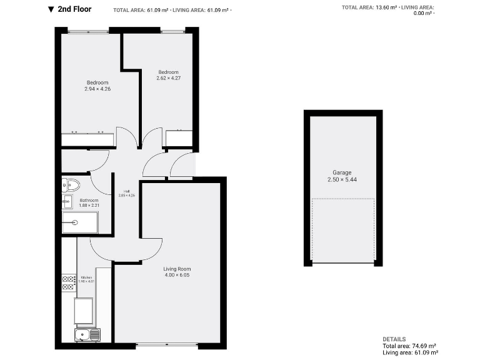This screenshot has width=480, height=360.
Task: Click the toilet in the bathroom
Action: point(71,184)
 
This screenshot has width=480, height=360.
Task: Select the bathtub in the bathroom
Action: point(80,222)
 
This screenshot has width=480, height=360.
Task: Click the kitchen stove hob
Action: point(69,282)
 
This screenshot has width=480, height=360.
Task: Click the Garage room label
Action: point(342,172)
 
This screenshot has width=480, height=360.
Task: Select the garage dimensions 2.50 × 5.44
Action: point(342,180)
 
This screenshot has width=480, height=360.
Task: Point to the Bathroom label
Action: point(89,201)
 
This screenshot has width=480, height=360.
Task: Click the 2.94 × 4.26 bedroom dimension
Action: point(97,89)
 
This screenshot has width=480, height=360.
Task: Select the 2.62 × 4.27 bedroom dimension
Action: point(168,78)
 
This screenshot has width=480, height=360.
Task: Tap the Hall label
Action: point(126,191)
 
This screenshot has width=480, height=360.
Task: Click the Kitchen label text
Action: point(87,277)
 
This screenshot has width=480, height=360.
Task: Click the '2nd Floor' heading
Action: point(74,9)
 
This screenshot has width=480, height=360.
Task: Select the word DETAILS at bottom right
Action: point(394,339)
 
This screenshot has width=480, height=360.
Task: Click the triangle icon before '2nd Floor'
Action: point(51,9)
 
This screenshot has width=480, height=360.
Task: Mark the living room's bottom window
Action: point(167,344)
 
